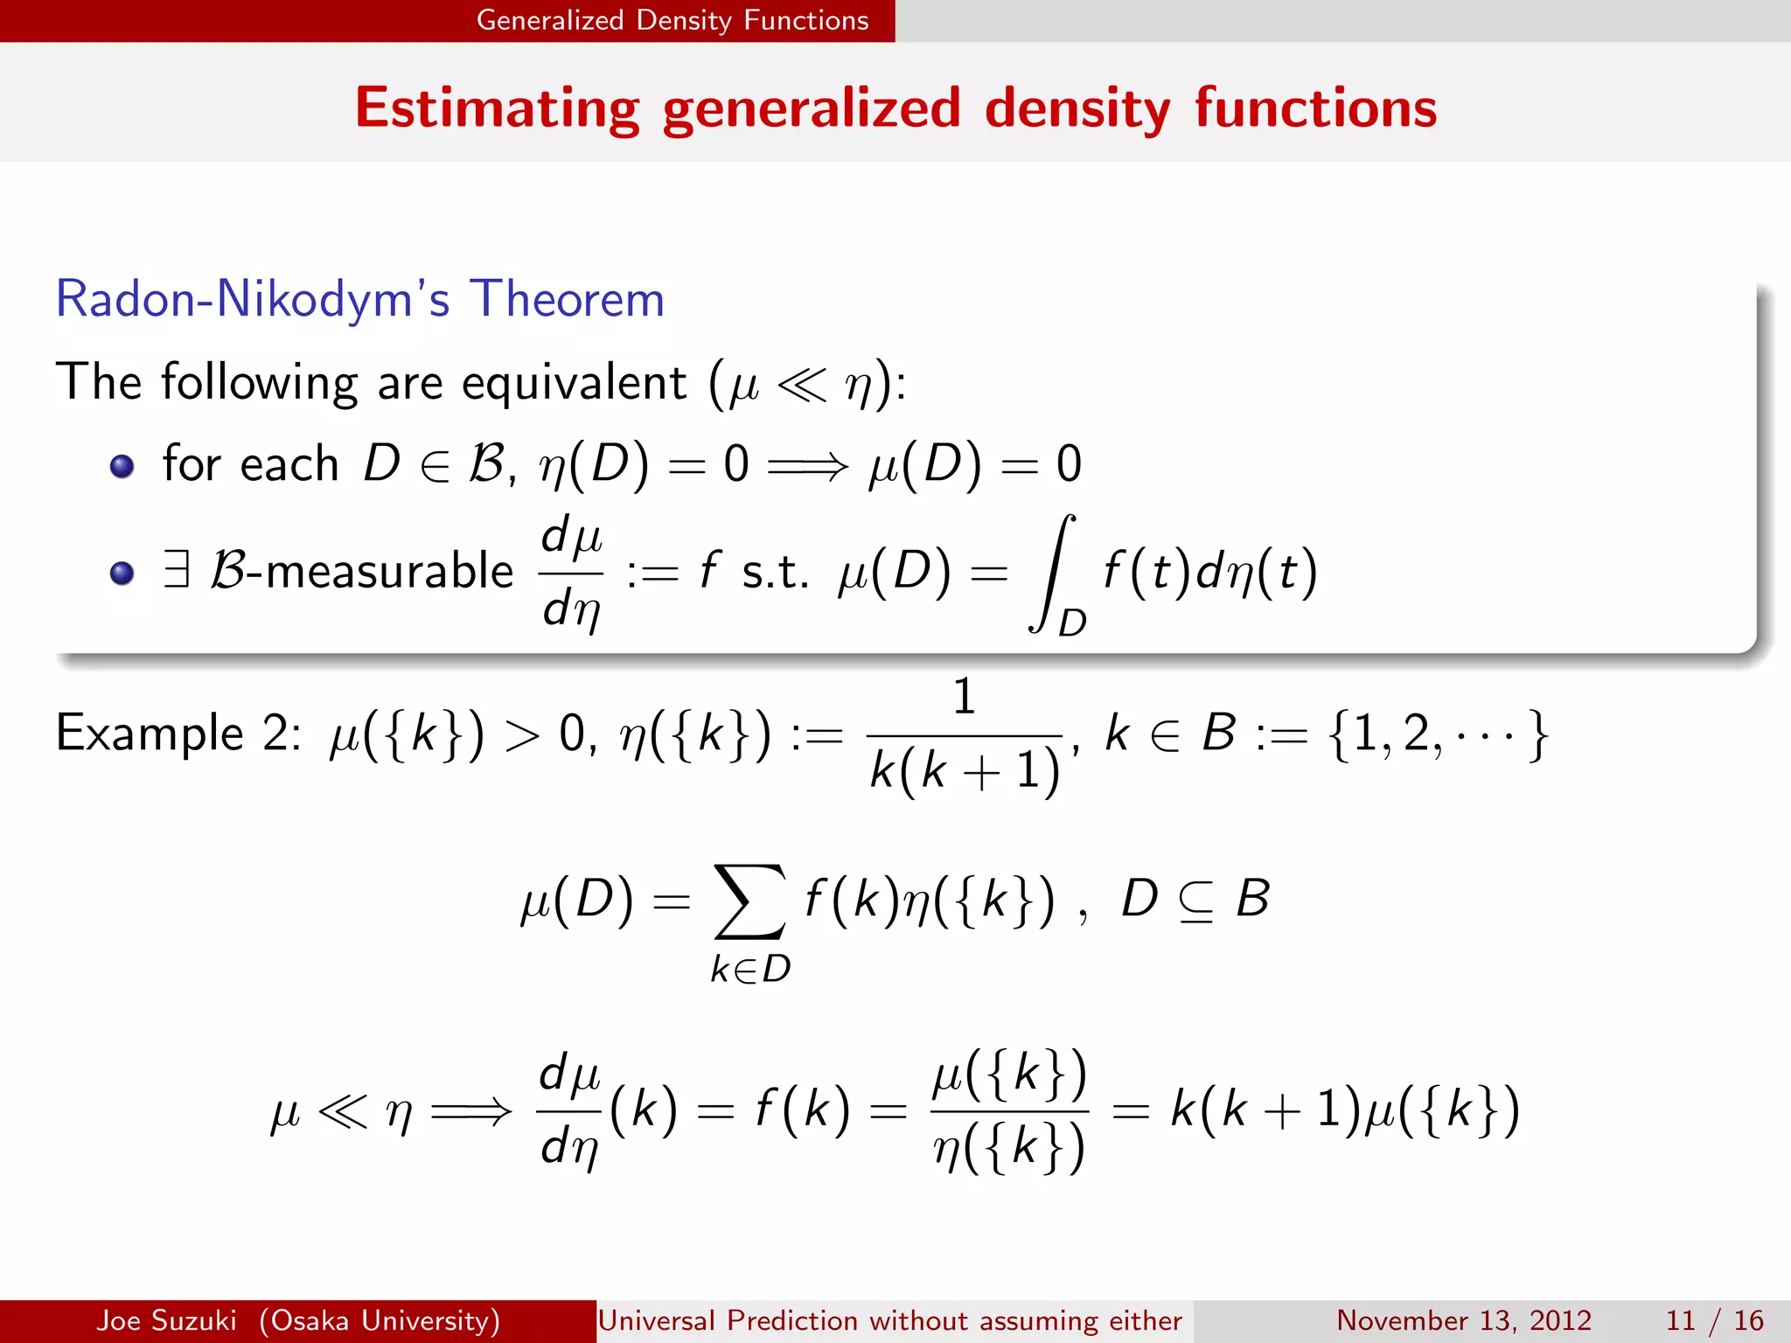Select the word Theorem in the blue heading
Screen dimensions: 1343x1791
[567, 299]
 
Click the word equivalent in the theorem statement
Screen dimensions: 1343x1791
[573, 383]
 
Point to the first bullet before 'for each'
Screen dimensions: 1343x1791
[122, 466]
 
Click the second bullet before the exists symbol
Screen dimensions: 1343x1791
[122, 573]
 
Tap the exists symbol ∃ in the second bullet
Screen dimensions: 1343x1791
[177, 569]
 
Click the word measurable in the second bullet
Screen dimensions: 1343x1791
[389, 571]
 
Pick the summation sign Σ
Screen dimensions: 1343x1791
[749, 901]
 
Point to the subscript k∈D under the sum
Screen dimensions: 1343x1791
[750, 969]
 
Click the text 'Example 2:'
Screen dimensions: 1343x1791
[178, 733]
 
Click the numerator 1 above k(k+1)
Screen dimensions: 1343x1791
[964, 697]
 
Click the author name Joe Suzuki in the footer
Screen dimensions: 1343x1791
[166, 1320]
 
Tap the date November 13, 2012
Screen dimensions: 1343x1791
[1463, 1320]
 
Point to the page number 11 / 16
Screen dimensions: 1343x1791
[1714, 1320]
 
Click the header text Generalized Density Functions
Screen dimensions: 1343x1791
[672, 20]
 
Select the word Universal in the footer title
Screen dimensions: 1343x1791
[656, 1320]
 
